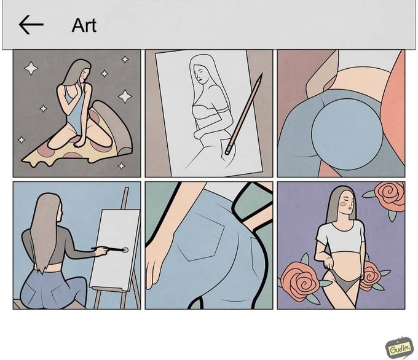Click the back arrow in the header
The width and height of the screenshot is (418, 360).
pos(31,25)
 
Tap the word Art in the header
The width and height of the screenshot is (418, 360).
pos(84,26)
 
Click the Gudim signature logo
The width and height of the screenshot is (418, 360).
pos(398,348)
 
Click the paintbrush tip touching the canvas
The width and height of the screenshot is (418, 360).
pos(125,250)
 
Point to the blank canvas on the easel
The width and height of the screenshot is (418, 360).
pos(115,249)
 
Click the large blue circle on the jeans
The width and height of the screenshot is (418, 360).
pos(347,134)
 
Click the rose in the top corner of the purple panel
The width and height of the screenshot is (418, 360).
pos(390,196)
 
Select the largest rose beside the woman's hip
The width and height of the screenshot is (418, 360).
pos(300,281)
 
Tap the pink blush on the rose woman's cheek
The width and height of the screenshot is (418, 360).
pos(344,204)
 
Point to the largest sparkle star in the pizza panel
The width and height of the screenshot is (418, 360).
pos(125,96)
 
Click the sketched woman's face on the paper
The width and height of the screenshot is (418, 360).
pos(200,73)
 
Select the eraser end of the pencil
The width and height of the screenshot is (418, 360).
pos(228,151)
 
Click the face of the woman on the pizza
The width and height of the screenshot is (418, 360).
pos(85,75)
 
